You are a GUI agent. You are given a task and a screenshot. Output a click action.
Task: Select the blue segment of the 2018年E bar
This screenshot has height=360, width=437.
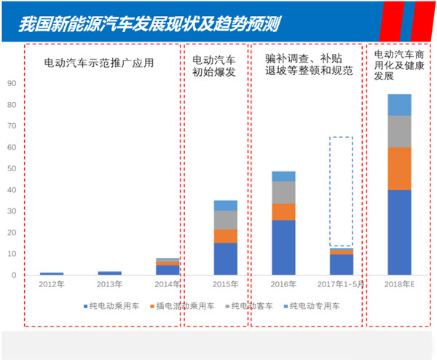pos(399,232)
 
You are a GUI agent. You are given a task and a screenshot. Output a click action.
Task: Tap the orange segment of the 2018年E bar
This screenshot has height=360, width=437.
pos(399,168)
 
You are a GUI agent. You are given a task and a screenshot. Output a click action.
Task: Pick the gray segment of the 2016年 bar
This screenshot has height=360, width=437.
pos(283,192)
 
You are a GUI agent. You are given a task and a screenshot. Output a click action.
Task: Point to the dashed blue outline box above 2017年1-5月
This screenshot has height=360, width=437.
pos(341,191)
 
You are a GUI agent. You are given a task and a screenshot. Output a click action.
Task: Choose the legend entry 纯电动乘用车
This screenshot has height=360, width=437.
pos(111,307)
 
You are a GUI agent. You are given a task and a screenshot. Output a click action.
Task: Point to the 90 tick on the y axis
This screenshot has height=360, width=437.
pos(11,83)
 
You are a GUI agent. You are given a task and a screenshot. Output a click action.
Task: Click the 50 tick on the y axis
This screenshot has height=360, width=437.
pos(11,168)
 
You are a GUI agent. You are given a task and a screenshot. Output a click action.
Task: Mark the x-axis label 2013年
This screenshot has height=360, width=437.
pos(109,283)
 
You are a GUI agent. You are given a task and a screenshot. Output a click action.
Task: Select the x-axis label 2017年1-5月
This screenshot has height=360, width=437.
pos(341,283)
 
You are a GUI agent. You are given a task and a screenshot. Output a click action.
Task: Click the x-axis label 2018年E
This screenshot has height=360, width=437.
pos(399,283)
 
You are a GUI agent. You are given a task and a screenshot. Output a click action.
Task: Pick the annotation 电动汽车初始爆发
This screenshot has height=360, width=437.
pos(213,66)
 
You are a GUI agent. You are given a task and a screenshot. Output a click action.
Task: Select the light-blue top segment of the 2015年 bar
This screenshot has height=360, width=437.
pos(225,206)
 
